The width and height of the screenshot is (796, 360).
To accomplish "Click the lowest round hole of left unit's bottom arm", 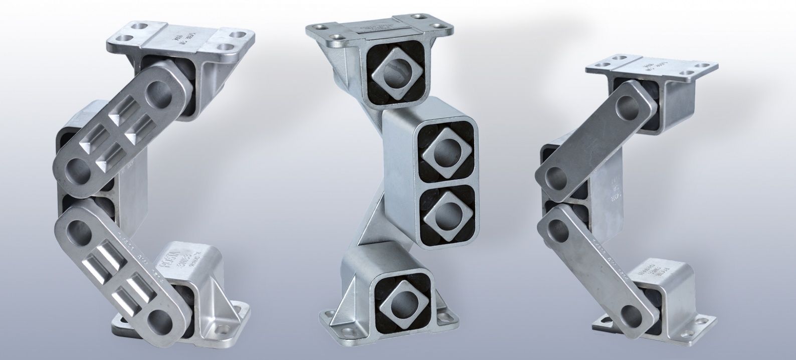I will [x=159, y=318].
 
